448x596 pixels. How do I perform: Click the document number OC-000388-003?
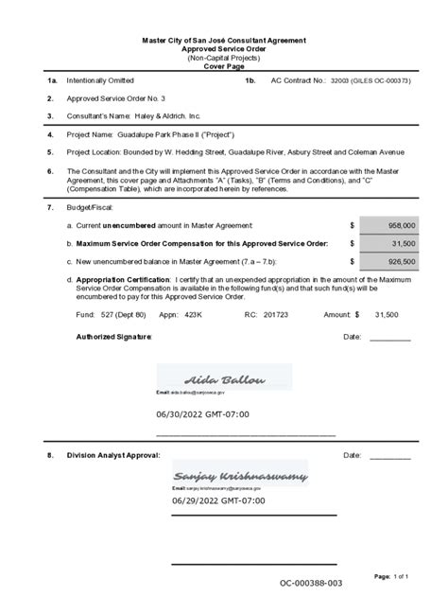pyautogui.click(x=310, y=584)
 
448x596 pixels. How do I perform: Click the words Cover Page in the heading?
pyautogui.click(x=223, y=66)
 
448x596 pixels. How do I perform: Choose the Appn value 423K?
pyautogui.click(x=194, y=313)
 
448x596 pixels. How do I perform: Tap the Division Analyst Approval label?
pyautogui.click(x=113, y=456)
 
